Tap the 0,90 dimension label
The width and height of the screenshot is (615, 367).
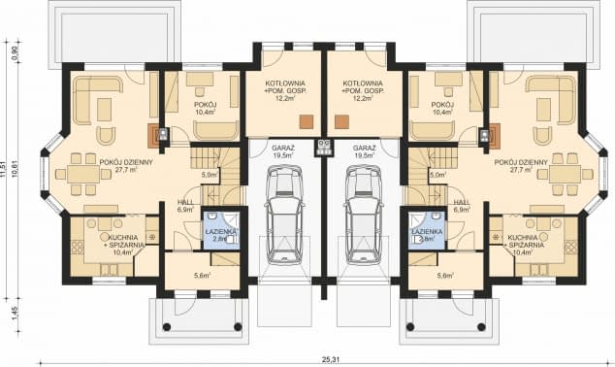click(15, 55)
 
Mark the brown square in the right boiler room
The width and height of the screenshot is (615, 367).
click(340, 121)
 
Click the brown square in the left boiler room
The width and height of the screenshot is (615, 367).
click(306, 121)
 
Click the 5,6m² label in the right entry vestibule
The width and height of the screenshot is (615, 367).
click(445, 277)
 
